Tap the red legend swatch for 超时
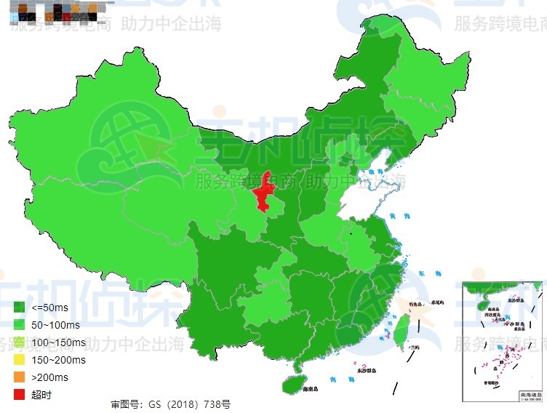click(x=20, y=394)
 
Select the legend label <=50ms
click(x=50, y=307)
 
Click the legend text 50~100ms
click(x=55, y=324)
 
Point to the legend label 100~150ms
click(x=58, y=342)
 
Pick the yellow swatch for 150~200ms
click(x=20, y=359)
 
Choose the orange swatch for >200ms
click(x=20, y=377)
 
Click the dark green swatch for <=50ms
click(x=20, y=307)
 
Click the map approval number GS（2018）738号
click(x=170, y=404)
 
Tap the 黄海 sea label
click(x=396, y=216)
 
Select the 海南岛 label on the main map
click(x=315, y=390)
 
